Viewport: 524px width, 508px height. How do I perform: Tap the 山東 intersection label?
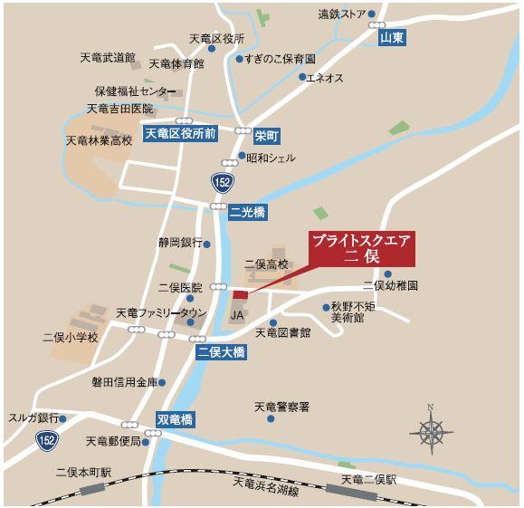click(x=391, y=37)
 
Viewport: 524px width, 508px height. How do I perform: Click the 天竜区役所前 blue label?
click(x=181, y=134)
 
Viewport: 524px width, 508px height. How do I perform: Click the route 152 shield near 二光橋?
click(x=222, y=183)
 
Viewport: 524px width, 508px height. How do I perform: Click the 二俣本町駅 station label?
click(x=82, y=472)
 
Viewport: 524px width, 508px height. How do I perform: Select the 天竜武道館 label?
click(x=107, y=58)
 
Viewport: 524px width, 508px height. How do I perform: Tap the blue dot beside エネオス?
click(x=302, y=77)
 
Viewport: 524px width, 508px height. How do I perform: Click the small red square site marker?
click(x=240, y=295)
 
